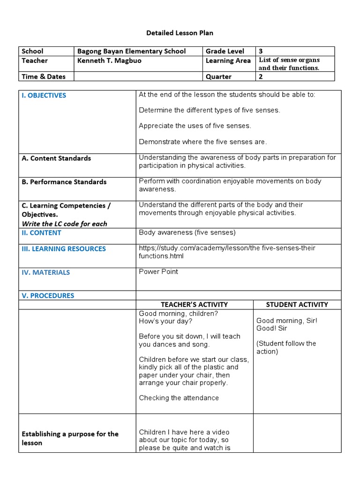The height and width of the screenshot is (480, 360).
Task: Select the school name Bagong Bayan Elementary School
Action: point(131,52)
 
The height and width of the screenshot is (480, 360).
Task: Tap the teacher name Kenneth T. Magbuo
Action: point(109,61)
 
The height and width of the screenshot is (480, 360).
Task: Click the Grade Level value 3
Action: point(261,52)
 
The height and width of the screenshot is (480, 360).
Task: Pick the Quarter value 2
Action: point(261,76)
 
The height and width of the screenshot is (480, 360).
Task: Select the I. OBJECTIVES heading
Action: point(44,96)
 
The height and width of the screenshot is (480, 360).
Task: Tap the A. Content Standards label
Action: point(56,158)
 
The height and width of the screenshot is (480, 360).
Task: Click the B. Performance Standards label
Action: point(64,182)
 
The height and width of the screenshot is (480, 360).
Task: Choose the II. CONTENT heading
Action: point(41,233)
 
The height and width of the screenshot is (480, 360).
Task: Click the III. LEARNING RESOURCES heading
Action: point(64,249)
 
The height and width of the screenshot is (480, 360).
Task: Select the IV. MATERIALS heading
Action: point(45,272)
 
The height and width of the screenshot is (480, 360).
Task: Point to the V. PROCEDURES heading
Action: point(48,296)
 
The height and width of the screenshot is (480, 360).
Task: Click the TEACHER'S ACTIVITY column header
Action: point(194,305)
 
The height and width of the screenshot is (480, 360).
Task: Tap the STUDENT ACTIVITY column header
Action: point(297,305)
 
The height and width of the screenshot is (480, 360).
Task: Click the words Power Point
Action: point(158,272)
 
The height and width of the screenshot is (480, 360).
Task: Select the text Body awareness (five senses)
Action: point(187,232)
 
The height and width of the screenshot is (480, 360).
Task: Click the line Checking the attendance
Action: point(179,398)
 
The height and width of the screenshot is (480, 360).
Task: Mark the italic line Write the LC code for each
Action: point(64,224)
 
